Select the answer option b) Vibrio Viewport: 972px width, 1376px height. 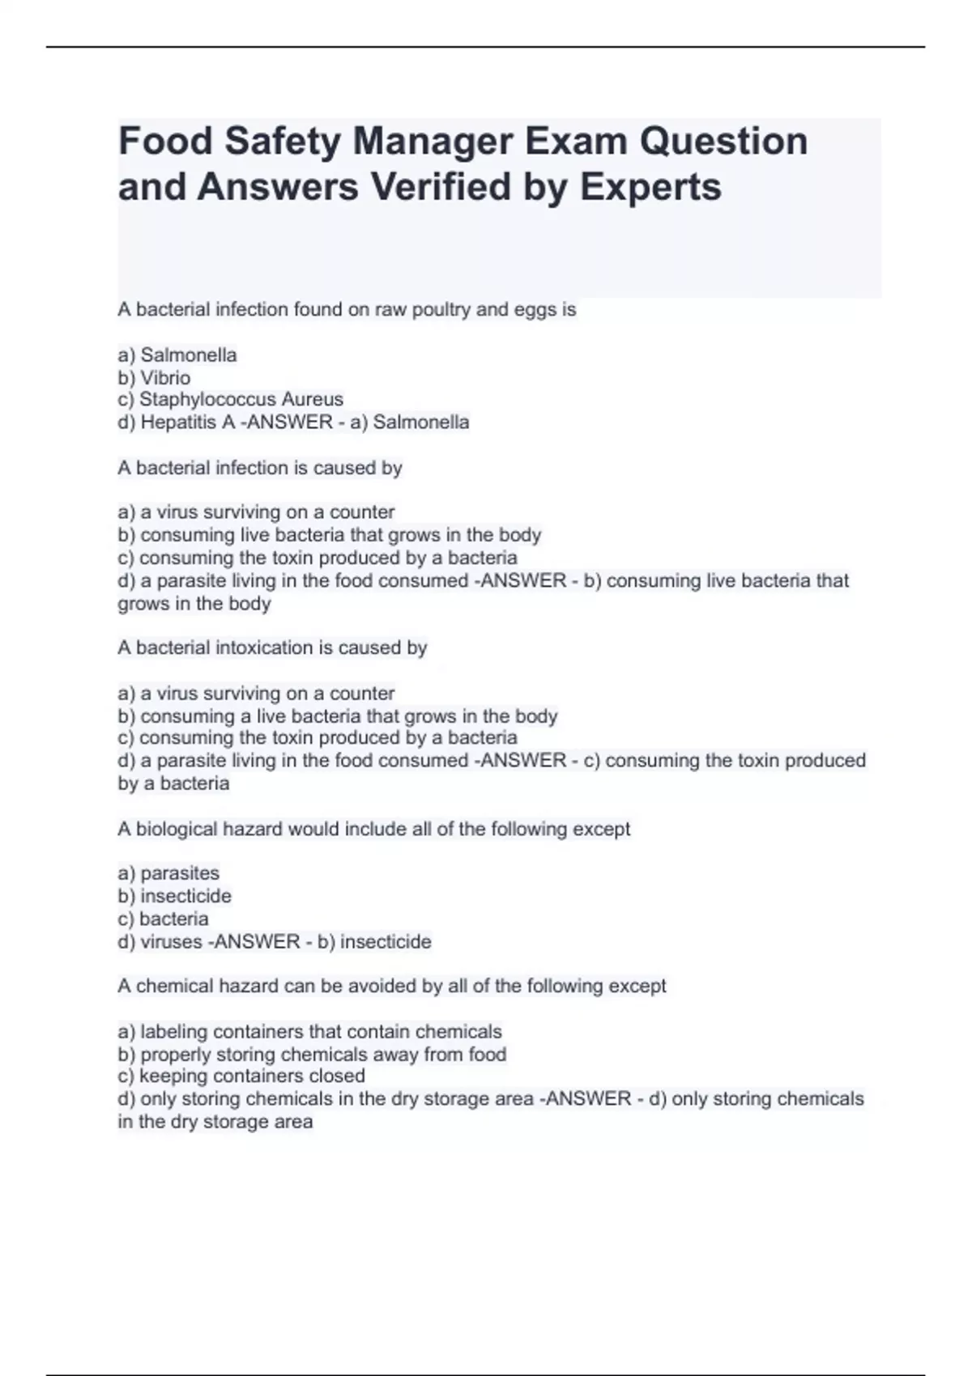click(154, 378)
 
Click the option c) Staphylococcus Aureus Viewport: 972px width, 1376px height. click(230, 400)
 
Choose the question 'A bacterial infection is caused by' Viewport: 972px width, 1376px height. click(259, 468)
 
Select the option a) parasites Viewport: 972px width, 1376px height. click(168, 873)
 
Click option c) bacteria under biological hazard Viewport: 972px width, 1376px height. click(163, 919)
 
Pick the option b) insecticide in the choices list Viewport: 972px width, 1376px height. click(174, 896)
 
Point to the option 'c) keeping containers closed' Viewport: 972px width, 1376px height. click(241, 1077)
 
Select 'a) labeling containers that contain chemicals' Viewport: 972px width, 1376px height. click(309, 1032)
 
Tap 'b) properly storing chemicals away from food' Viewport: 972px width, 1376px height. click(312, 1055)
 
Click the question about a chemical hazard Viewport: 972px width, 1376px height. click(391, 987)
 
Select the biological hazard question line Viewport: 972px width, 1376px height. click(373, 830)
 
